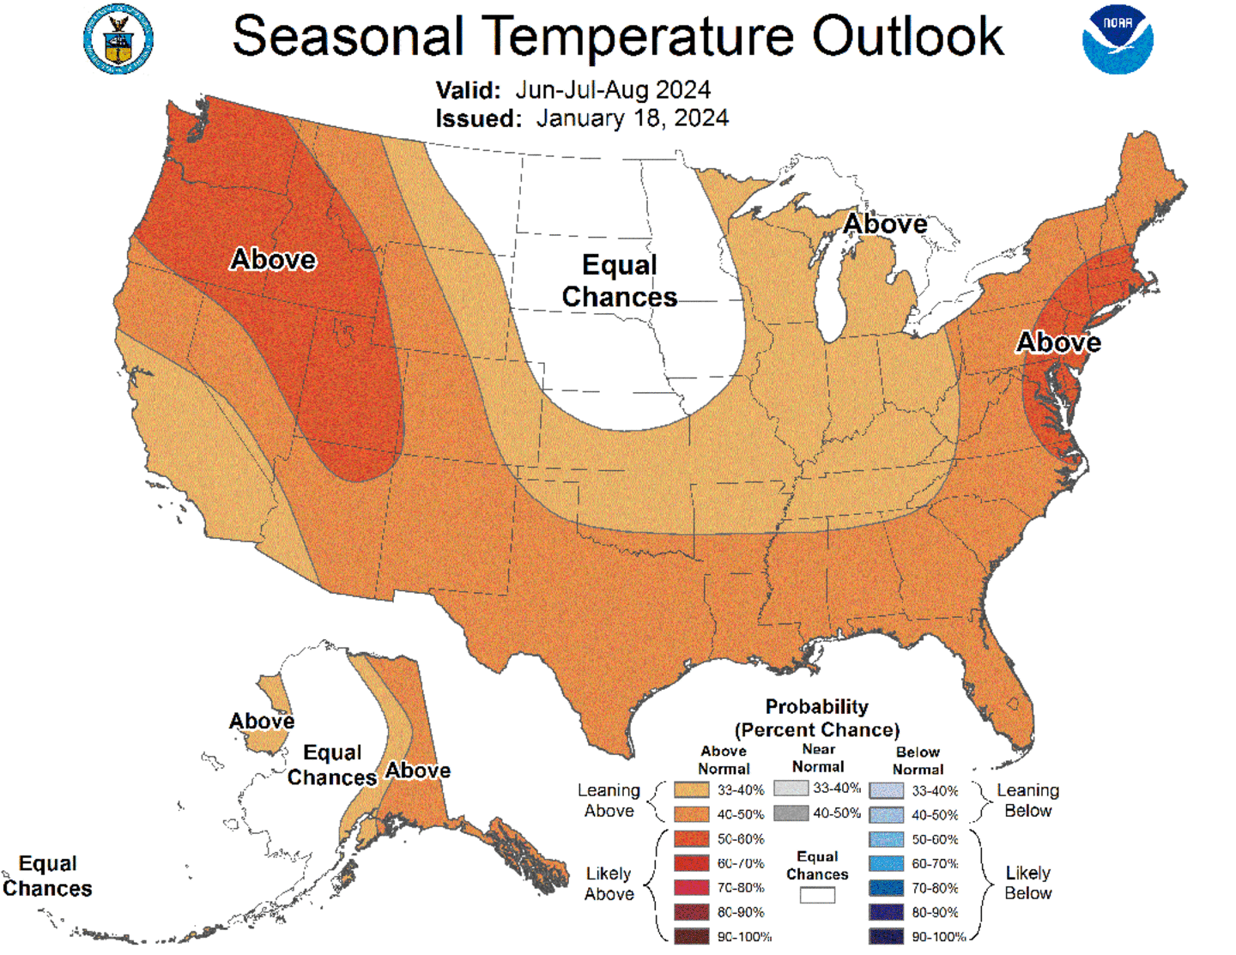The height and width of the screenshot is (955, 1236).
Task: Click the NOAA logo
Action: pos(1118,39)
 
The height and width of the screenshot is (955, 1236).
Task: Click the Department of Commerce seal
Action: pos(118,39)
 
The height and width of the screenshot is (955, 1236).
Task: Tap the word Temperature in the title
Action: pos(641,36)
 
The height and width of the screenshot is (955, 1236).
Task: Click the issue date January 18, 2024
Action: pos(632,118)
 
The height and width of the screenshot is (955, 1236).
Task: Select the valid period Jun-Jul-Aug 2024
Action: pos(613,89)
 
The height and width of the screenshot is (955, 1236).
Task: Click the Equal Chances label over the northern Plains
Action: pos(619,281)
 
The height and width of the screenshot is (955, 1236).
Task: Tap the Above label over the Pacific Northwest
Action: pos(273,259)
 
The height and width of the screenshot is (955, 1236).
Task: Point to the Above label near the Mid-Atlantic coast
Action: pos(1058,342)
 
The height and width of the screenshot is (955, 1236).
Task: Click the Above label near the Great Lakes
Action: pos(885,224)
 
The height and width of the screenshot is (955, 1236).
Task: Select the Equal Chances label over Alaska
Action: pos(332,765)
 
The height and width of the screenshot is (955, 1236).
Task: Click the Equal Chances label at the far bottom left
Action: pos(47,876)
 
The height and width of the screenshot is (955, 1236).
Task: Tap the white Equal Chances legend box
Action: pos(817,895)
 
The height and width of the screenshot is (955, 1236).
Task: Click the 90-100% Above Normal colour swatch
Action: pos(691,936)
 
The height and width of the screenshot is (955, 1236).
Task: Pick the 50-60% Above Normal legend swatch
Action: pos(691,838)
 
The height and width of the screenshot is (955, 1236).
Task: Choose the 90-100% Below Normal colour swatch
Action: pos(886,936)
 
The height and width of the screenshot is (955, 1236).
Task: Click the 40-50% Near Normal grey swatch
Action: pos(791,813)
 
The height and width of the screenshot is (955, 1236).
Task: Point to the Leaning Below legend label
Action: pos(1027,801)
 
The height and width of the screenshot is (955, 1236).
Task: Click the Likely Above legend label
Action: pos(609,884)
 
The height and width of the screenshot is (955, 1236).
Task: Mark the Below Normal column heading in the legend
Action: pos(918,760)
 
